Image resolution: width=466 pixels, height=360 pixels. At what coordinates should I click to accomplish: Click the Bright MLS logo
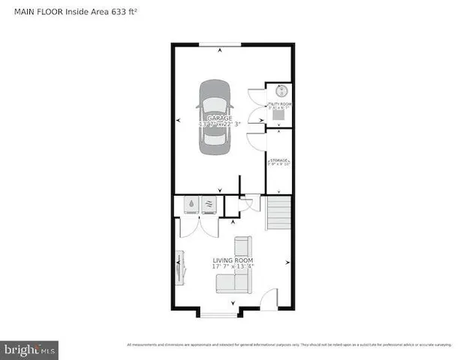(29, 350)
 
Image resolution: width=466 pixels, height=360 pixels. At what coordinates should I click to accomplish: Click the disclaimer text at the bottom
(289, 344)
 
